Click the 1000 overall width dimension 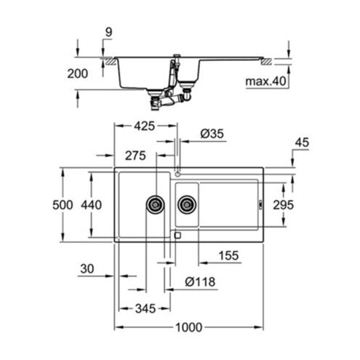[x=188, y=327]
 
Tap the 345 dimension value [x=145, y=308]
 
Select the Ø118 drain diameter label [x=200, y=281]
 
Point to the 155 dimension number [x=228, y=255]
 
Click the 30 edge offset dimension [x=87, y=269]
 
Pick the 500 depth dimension [x=63, y=205]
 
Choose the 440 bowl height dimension [x=91, y=205]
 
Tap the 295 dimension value [x=283, y=205]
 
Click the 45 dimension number [x=302, y=143]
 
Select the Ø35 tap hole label [x=212, y=134]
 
